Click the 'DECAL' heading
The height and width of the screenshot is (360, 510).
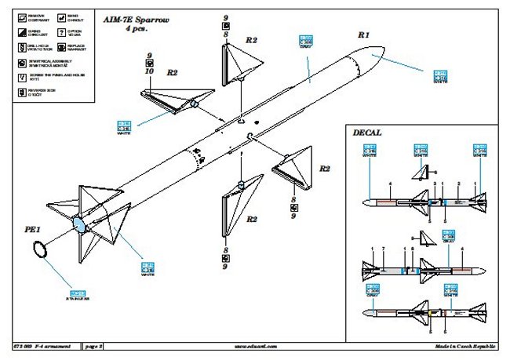pos(368,133)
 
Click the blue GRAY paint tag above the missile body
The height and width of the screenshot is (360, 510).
pos(308,39)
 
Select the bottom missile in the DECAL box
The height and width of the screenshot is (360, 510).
pos(424,312)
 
